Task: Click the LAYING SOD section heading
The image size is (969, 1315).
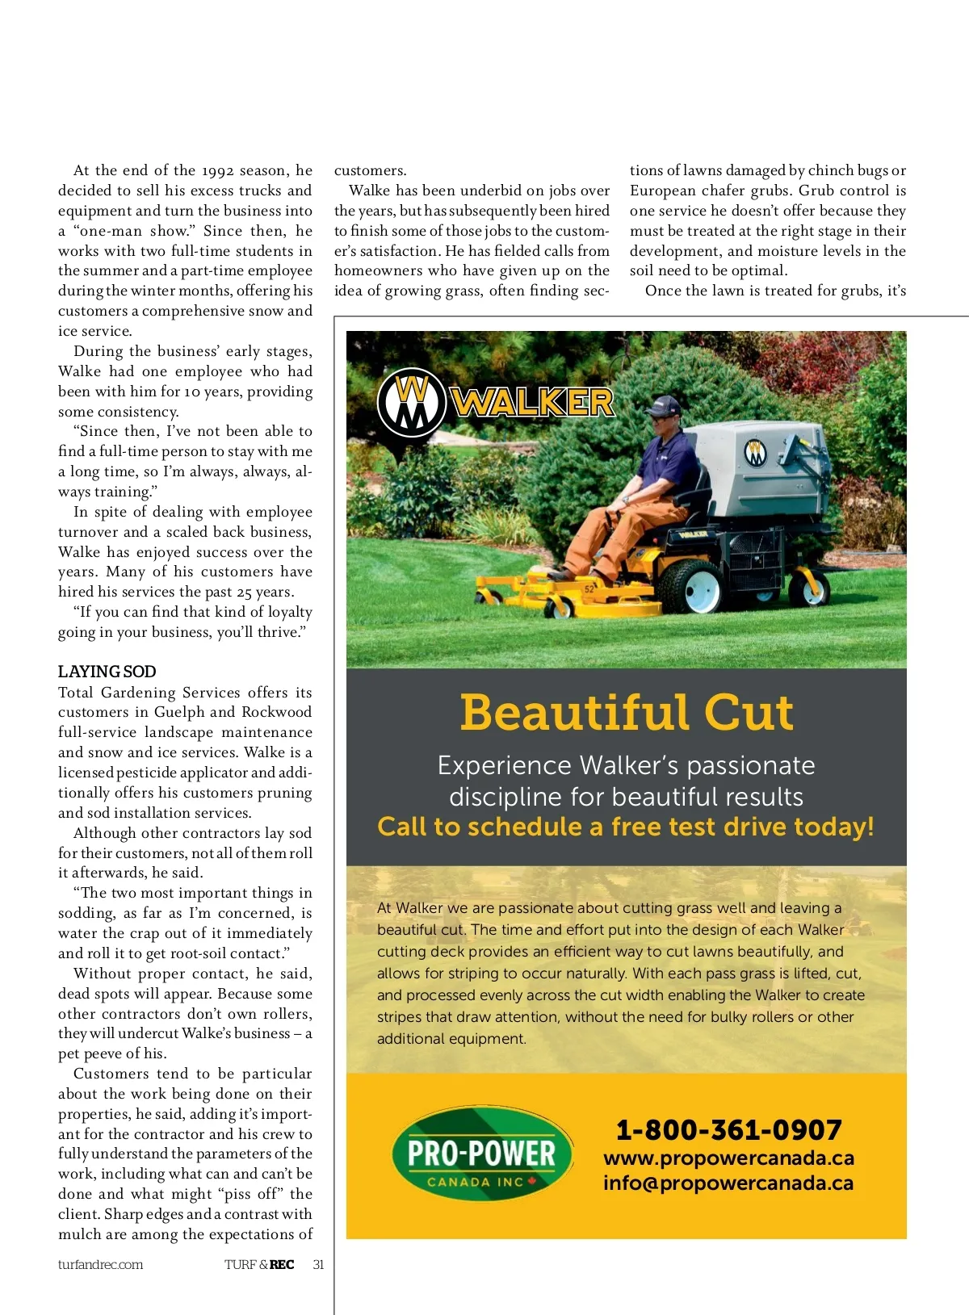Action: point(107,672)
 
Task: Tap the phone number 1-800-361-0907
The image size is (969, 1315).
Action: point(728,1129)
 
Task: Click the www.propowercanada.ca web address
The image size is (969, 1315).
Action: point(728,1158)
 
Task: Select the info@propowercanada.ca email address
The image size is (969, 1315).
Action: point(728,1183)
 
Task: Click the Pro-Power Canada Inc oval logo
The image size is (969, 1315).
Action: point(482,1154)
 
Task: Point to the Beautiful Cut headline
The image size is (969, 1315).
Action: point(627,713)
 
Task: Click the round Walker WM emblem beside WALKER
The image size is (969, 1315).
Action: point(413,402)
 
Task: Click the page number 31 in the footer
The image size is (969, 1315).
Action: point(318,1264)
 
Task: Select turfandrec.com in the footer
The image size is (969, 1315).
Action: point(100,1264)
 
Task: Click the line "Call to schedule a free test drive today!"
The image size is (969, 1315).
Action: point(626,827)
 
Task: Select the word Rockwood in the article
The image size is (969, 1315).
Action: point(276,712)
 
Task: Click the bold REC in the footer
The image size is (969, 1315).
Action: point(282,1264)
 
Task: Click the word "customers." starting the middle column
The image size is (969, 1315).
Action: point(370,170)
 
